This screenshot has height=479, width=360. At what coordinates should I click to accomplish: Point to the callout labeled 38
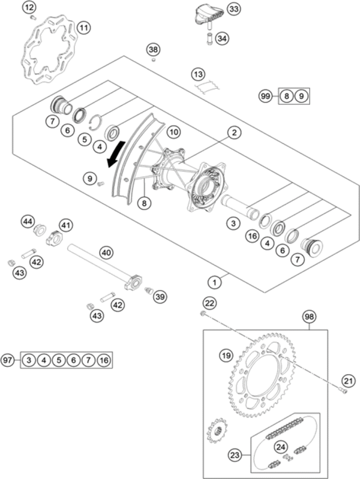[154, 49]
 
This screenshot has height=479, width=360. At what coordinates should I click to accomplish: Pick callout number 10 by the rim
[173, 131]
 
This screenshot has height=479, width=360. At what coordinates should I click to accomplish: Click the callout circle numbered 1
[213, 280]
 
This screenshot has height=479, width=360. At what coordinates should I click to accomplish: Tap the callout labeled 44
[27, 222]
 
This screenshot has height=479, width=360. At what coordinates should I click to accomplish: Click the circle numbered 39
[160, 296]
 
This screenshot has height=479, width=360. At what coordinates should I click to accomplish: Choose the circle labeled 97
[8, 360]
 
